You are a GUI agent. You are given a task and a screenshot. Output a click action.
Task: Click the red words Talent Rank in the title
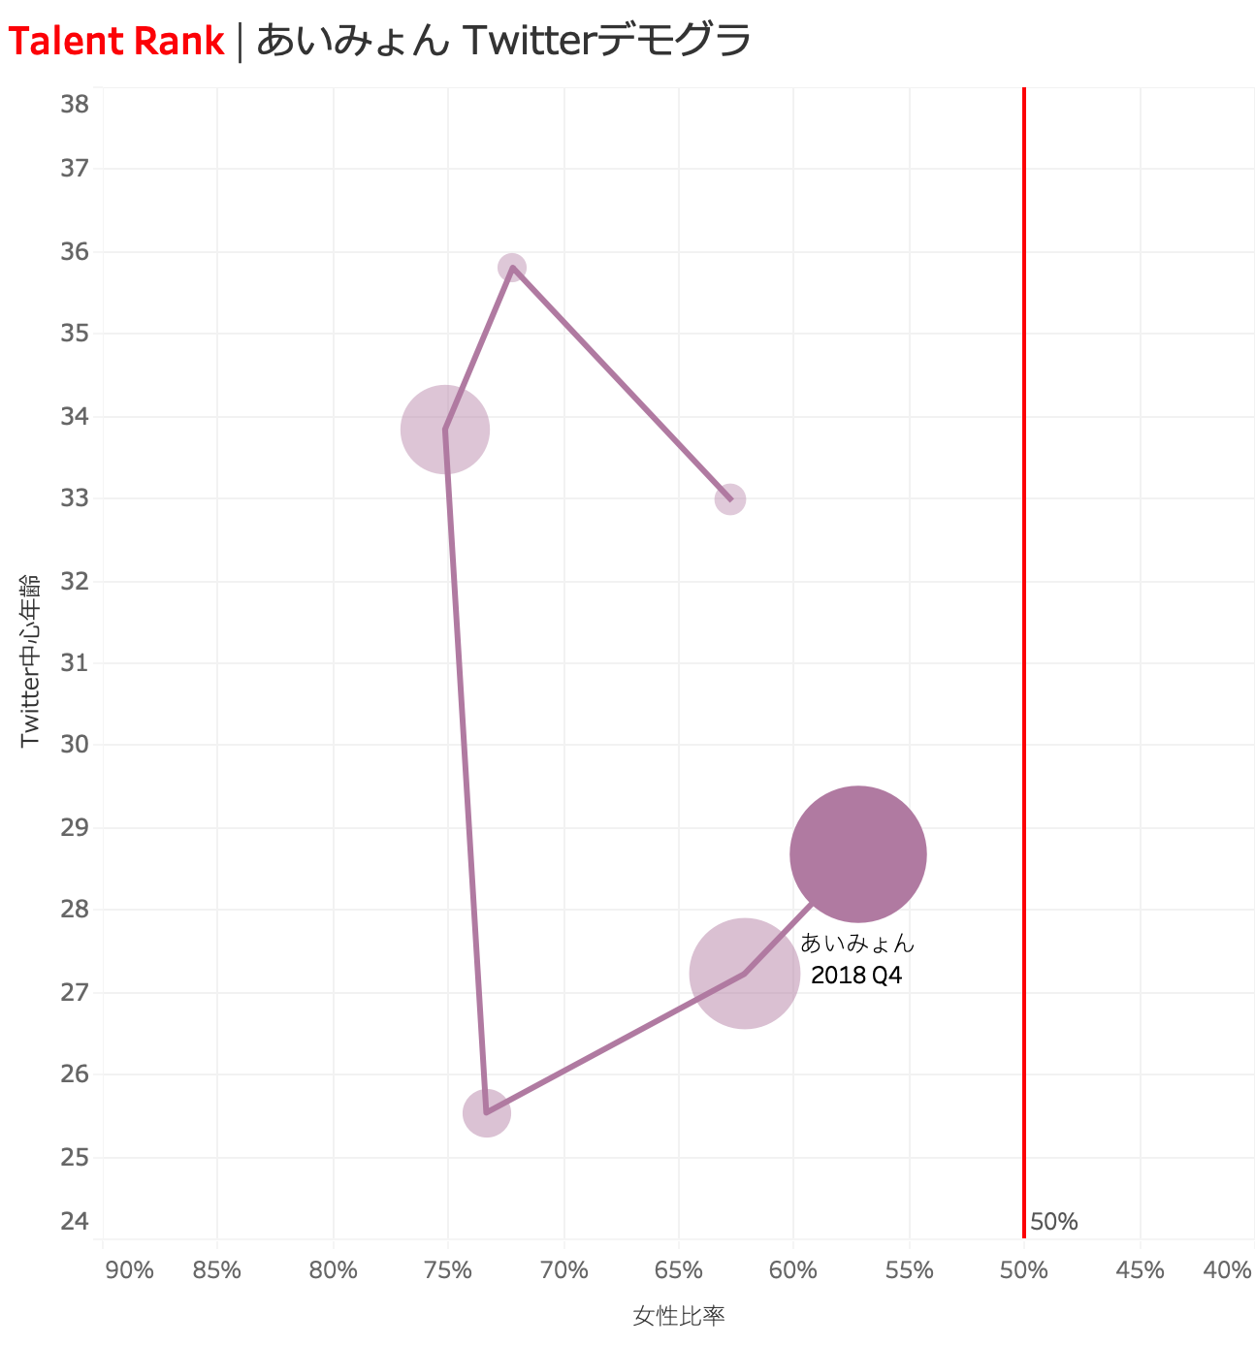(x=116, y=42)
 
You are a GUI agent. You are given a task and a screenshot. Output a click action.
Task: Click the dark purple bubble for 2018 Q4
(x=858, y=854)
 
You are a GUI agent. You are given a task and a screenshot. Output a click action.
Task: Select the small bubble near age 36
(x=512, y=267)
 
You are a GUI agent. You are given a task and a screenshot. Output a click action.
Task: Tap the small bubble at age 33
(x=730, y=499)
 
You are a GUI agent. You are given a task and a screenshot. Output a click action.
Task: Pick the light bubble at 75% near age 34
(x=445, y=429)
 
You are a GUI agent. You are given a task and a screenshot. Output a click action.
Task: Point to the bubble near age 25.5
(x=487, y=1112)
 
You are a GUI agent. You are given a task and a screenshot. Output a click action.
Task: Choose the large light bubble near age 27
(x=745, y=974)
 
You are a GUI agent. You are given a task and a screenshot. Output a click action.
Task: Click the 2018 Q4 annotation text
(x=856, y=976)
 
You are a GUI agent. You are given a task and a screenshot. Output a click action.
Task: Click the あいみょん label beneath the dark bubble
(x=857, y=943)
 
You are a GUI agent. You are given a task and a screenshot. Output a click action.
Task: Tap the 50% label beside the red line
(x=1054, y=1222)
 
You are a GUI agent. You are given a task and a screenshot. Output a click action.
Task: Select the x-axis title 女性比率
(x=679, y=1316)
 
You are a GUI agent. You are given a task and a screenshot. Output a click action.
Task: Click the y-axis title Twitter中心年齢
(x=30, y=659)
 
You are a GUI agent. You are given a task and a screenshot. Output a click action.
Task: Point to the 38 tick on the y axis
(x=75, y=104)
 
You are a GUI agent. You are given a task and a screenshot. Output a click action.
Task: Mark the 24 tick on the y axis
(x=75, y=1220)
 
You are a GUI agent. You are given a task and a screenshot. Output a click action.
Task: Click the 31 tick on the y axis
(x=75, y=663)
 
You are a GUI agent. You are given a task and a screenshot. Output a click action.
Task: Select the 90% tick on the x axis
(x=129, y=1270)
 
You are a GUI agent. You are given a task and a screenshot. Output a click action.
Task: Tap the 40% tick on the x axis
(x=1227, y=1270)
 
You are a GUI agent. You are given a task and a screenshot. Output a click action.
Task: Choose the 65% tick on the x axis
(x=679, y=1270)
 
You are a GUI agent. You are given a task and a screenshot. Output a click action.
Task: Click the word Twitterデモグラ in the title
(x=607, y=42)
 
